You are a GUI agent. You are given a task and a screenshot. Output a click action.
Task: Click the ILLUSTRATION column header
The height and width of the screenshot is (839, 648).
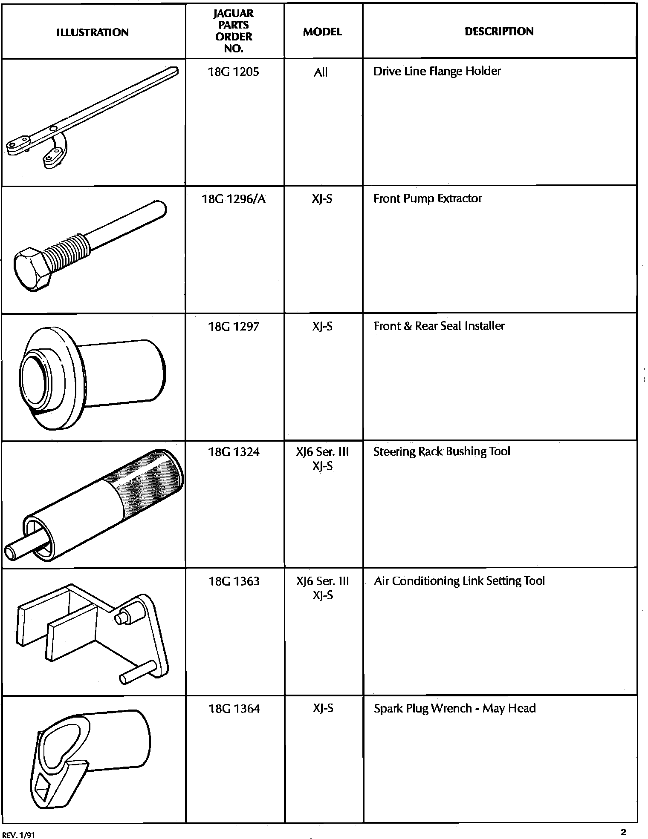click(93, 32)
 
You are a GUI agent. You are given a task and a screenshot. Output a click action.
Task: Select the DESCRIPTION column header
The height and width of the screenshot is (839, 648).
click(499, 32)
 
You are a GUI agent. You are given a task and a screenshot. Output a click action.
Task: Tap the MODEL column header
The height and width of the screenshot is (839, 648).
click(322, 32)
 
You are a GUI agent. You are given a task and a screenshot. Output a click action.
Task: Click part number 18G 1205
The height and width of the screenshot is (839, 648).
click(233, 72)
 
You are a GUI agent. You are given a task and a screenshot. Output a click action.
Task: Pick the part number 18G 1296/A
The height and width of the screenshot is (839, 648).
click(233, 199)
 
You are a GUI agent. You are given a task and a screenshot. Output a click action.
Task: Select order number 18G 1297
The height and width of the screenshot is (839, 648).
click(233, 327)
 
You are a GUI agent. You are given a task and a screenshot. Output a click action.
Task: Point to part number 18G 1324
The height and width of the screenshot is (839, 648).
click(234, 452)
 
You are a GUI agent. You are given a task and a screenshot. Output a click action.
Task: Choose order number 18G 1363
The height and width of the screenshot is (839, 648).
click(234, 581)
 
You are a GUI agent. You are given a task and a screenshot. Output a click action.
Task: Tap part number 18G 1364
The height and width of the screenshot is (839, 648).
click(234, 709)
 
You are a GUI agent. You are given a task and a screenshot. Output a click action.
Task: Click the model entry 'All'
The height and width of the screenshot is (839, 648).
click(321, 73)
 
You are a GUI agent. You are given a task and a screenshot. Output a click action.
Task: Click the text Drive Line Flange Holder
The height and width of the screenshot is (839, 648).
click(437, 71)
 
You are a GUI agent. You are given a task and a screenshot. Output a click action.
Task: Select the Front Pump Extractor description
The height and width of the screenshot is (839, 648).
click(428, 198)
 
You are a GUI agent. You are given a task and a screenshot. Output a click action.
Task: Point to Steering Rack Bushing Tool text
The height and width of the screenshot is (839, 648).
click(442, 451)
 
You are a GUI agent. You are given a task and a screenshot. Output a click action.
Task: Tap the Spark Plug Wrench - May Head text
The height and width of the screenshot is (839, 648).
click(454, 708)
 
